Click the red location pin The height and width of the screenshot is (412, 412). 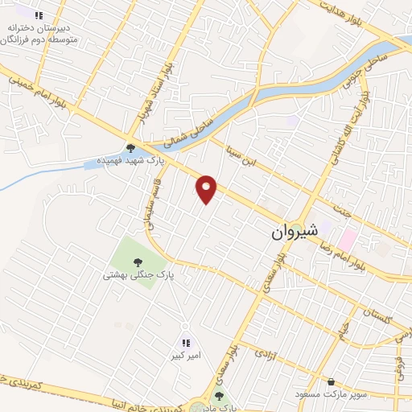coord(207,189)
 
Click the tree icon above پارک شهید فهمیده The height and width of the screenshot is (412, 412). coord(130,147)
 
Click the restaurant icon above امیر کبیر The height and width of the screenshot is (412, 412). coord(186,343)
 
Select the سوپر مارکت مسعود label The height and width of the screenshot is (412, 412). coord(328,394)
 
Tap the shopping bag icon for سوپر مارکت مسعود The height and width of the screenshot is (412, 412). coord(330,381)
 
